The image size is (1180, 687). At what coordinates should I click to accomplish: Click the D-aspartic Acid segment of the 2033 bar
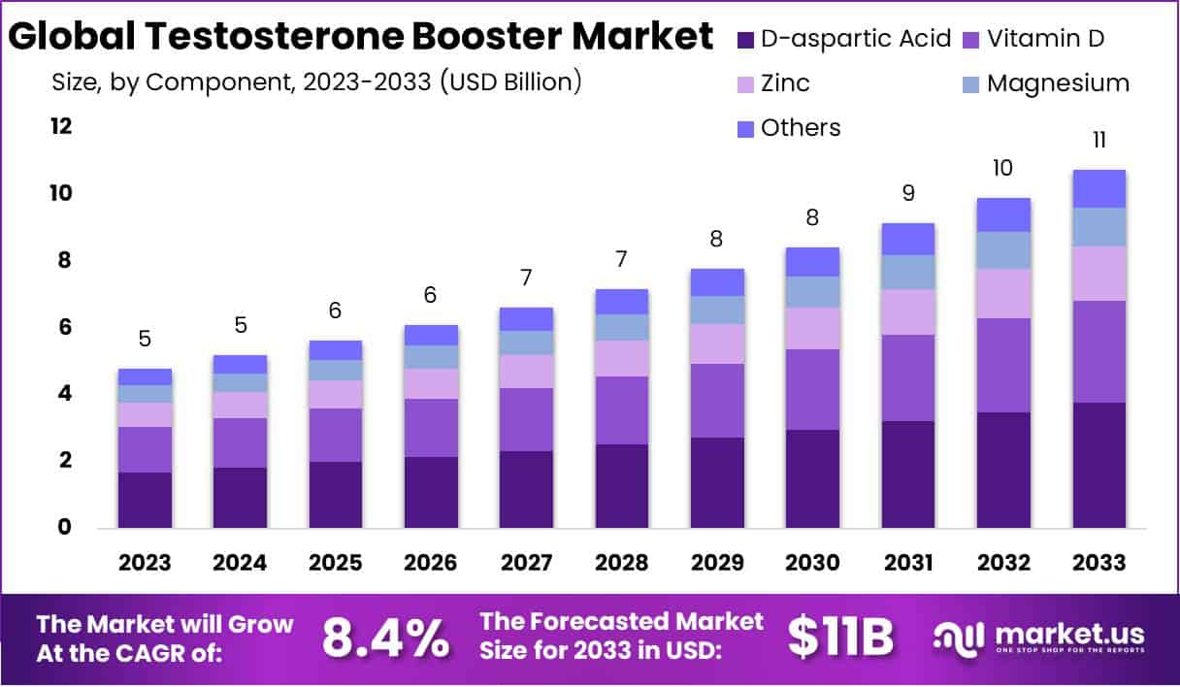1098,465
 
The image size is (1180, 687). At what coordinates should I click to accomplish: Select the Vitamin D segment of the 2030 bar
812,389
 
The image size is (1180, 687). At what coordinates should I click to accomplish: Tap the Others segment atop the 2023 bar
145,376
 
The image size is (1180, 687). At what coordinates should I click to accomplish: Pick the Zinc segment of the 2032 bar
1003,293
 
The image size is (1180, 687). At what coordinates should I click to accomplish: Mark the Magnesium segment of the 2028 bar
621,327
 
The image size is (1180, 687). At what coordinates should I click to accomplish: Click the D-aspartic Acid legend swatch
745,40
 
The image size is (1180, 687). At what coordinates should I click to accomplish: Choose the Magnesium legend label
1058,83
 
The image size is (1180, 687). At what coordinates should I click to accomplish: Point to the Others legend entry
801,127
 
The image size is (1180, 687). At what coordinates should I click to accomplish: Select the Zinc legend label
785,83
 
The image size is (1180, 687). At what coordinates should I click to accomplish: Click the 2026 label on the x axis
431,563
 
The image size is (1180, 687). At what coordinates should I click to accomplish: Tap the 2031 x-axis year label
907,563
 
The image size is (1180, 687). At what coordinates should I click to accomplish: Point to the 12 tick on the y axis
63,127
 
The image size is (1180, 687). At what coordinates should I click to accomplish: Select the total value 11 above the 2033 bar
1098,140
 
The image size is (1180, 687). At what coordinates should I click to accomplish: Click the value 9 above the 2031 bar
907,193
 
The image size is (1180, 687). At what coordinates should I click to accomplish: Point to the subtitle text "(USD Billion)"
510,82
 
